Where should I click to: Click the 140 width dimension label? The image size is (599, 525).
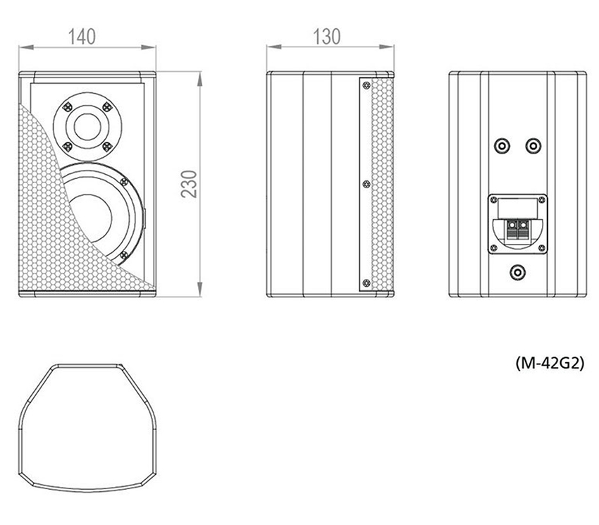point(82,37)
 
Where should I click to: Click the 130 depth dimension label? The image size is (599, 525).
point(326,37)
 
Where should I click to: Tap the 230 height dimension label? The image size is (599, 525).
point(189,184)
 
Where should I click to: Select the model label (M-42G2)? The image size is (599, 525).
point(550,363)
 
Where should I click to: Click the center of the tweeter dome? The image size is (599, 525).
point(87,126)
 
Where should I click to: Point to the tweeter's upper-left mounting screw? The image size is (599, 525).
point(67,106)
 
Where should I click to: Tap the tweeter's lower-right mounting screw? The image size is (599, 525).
point(107,147)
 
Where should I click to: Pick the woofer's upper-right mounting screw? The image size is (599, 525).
point(124,182)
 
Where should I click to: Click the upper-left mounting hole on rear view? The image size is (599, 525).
point(502,146)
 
